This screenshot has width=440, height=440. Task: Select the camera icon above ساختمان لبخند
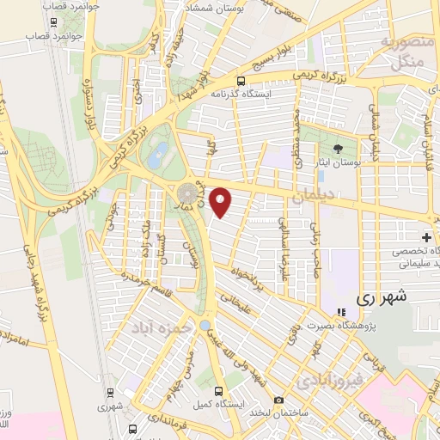tap(278, 400)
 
